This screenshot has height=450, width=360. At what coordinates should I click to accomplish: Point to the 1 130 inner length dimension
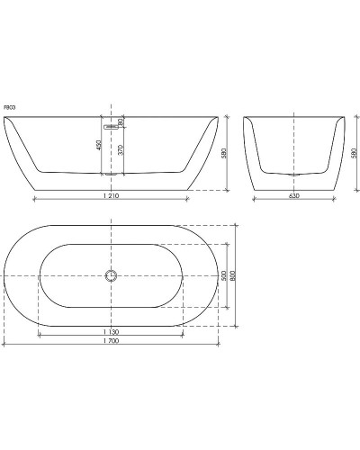[x=111, y=330]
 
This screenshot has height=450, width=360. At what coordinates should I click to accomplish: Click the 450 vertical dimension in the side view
[x=101, y=146]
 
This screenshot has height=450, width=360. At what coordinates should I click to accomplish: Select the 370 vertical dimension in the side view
[x=121, y=151]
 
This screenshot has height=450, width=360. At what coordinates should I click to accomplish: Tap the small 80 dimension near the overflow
[x=121, y=121]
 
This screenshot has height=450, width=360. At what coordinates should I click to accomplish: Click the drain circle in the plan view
[x=111, y=275]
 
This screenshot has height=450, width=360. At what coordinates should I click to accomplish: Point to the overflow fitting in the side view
[x=111, y=127]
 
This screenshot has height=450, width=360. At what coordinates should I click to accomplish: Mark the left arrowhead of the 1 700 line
[x=4, y=345]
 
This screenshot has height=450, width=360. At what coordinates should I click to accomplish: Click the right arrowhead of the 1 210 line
[x=187, y=196]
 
